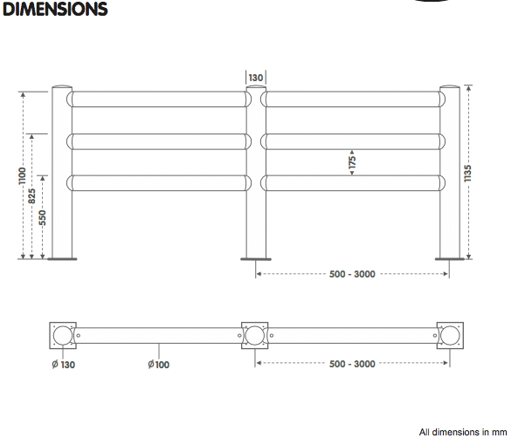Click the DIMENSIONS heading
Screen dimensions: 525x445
[54, 10]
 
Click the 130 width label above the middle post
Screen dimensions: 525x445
[256, 78]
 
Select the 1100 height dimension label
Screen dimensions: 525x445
[23, 175]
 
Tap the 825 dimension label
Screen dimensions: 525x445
[33, 195]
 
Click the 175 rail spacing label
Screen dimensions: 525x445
[352, 161]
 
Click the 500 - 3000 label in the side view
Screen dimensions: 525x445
[353, 274]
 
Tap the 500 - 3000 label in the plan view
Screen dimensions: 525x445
[353, 364]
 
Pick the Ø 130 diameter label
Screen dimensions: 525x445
[62, 364]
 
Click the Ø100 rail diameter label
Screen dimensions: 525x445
[158, 364]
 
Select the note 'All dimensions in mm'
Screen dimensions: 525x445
[462, 432]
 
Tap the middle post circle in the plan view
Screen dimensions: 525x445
[255, 335]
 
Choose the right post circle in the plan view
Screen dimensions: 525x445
[449, 335]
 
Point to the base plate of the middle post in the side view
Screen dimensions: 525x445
[256, 258]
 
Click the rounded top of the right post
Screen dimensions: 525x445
[449, 88]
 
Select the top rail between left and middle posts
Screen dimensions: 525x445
[158, 99]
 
